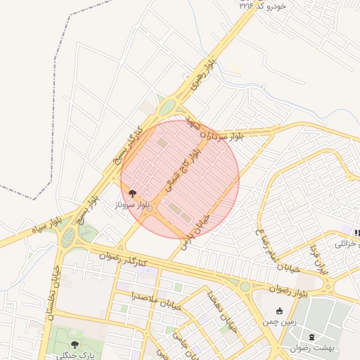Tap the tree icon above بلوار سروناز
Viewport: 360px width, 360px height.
point(131,193)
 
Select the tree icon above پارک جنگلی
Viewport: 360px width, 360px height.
point(75,345)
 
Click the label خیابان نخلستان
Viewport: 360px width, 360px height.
point(53,289)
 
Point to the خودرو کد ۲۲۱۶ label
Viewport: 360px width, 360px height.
point(263,5)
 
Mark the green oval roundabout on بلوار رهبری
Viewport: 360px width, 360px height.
point(167,108)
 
